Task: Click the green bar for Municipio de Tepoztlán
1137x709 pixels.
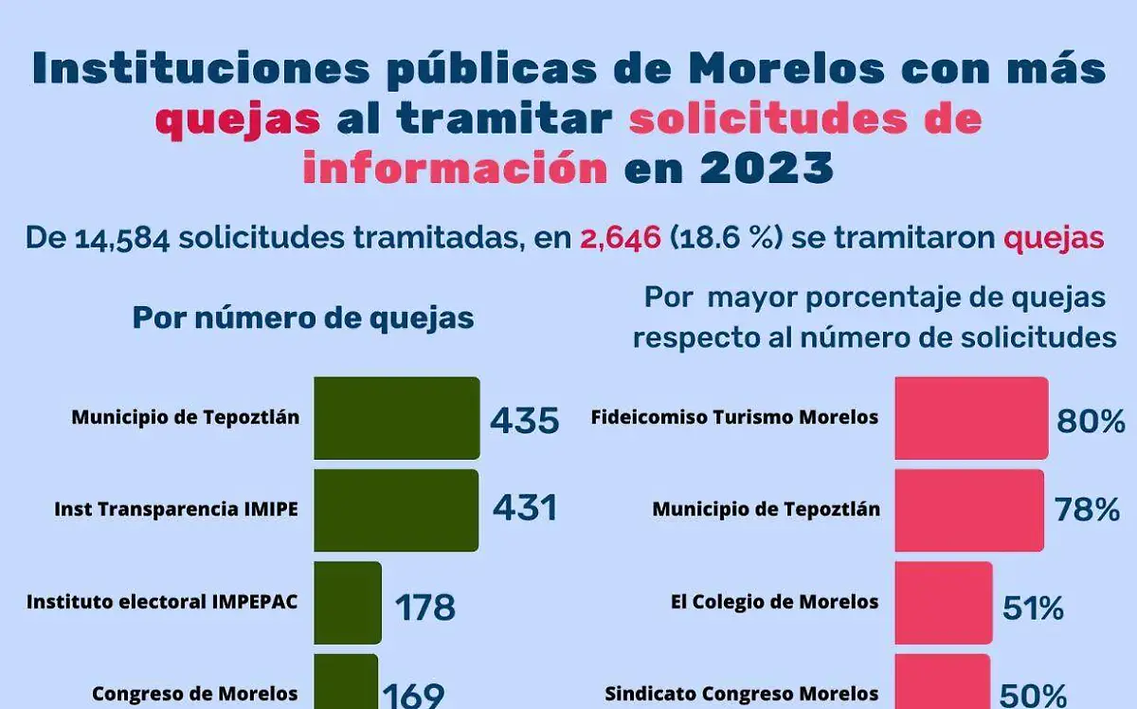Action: (397, 418)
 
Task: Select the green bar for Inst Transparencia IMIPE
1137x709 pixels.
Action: (397, 510)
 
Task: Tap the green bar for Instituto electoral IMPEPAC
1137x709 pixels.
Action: (348, 603)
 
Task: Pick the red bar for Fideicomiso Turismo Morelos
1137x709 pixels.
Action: (971, 418)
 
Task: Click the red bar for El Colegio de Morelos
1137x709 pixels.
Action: (944, 603)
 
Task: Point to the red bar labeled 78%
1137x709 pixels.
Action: (969, 510)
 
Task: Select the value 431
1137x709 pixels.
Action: (525, 509)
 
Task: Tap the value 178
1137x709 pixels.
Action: (425, 607)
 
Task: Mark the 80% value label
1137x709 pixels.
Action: (1091, 421)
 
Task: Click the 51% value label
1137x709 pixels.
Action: (1033, 608)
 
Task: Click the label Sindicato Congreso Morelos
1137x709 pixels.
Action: (741, 694)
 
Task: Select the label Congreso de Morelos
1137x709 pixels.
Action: (195, 694)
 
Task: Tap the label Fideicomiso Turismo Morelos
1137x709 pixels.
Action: (734, 417)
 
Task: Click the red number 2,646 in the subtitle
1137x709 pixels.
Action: (621, 238)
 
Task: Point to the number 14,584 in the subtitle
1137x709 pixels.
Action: (121, 238)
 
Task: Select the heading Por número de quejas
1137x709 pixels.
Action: (303, 318)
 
